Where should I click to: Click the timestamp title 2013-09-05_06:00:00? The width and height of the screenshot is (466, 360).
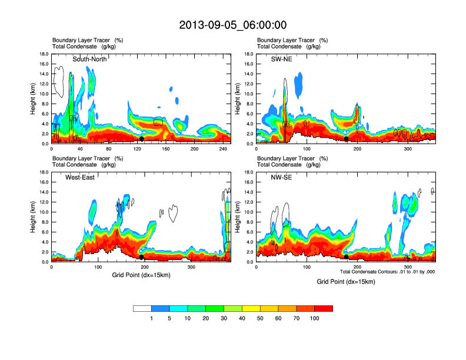tap(232, 25)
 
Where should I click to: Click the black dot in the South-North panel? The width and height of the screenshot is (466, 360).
tap(141, 139)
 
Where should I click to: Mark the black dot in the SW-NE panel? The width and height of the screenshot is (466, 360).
tap(346, 139)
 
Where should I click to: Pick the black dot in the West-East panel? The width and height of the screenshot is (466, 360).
tap(141, 257)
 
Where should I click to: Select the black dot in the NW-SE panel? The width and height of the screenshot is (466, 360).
tap(346, 257)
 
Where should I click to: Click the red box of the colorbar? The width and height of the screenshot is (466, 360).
tap(324, 308)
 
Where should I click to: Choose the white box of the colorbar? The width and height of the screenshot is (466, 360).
tap(142, 308)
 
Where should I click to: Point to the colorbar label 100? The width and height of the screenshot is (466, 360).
tap(314, 318)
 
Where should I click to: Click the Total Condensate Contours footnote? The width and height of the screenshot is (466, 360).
tap(387, 271)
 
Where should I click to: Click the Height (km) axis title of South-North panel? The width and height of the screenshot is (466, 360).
tap(34, 98)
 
